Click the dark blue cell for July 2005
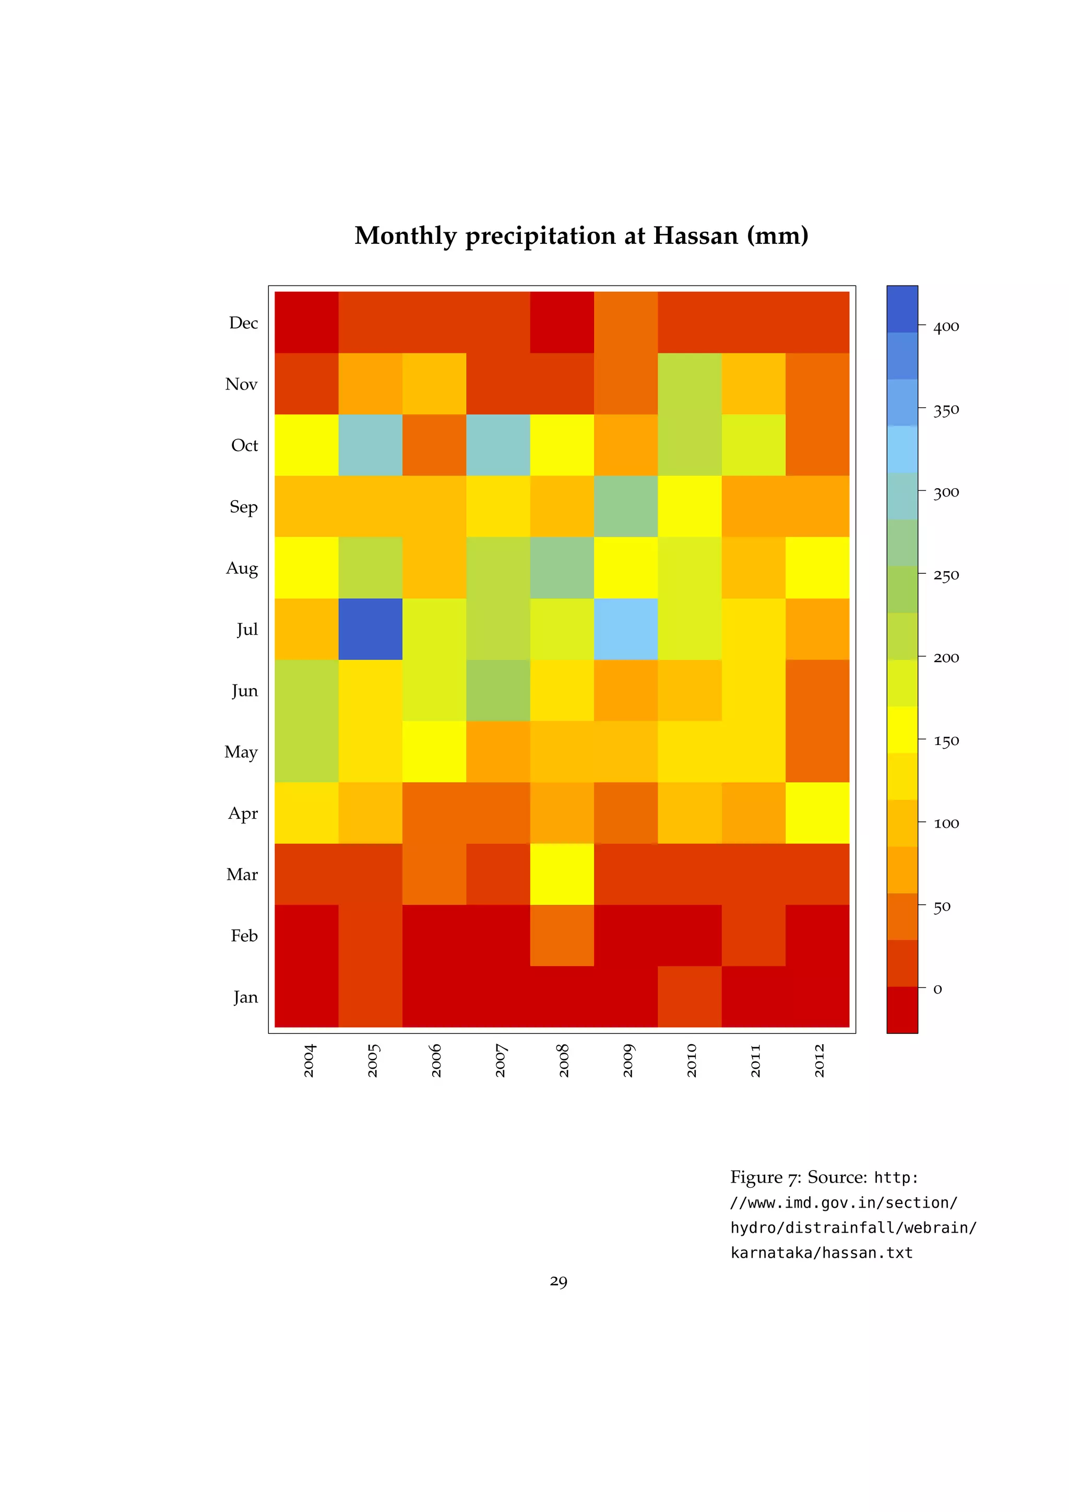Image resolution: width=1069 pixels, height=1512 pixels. (371, 629)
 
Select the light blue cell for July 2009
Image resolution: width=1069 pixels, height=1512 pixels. (626, 629)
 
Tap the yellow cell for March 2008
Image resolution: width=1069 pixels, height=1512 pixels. (562, 874)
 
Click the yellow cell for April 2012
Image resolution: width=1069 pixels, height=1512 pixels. (817, 812)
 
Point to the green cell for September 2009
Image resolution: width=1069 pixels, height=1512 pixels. (626, 506)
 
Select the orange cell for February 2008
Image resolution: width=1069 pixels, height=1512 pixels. (562, 935)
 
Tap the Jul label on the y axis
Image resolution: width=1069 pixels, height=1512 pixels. (247, 630)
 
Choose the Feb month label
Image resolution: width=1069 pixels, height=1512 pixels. (244, 936)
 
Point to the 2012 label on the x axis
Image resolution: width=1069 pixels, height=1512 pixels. (819, 1060)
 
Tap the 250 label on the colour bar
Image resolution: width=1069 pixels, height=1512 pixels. (946, 575)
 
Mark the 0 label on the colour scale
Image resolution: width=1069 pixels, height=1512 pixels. (938, 989)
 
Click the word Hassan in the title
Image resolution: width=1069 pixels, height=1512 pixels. (695, 236)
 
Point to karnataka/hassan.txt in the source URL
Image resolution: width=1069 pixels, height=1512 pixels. (822, 1253)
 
